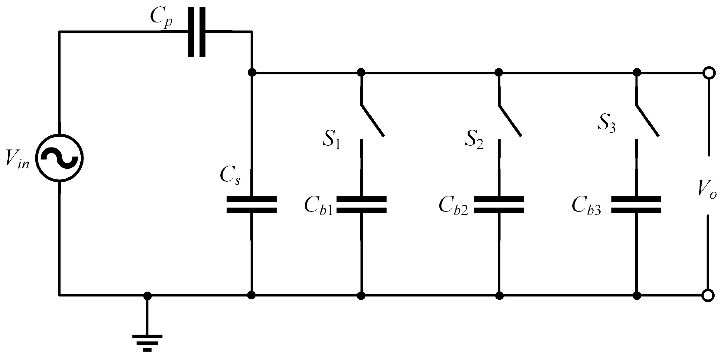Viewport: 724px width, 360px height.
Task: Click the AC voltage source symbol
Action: coord(59,158)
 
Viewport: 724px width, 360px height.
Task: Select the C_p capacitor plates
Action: coord(196,32)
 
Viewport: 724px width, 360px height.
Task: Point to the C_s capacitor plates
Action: coord(251,205)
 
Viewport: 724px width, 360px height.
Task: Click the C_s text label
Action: coord(230,176)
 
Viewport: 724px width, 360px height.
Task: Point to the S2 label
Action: coord(474,141)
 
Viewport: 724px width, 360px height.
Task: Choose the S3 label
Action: coord(607,125)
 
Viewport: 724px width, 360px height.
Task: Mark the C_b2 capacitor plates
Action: coord(499,205)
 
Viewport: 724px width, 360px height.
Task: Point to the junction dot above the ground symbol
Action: coord(147,296)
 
